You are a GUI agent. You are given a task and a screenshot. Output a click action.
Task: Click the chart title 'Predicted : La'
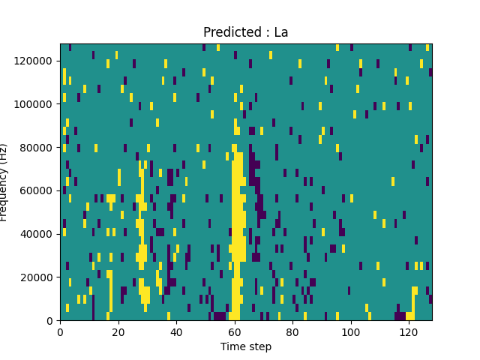(245, 32)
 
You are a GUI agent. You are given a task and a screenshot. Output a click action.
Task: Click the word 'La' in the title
(280, 32)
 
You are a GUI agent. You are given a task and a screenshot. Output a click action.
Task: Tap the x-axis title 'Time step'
(245, 346)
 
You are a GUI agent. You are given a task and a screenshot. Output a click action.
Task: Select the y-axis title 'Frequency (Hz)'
(6, 182)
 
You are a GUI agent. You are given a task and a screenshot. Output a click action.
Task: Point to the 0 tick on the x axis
(60, 331)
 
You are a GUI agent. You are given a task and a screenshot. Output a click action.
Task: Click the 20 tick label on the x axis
(118, 331)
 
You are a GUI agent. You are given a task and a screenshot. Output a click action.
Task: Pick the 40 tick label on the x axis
(176, 331)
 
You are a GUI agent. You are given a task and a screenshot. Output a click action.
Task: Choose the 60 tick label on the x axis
(234, 331)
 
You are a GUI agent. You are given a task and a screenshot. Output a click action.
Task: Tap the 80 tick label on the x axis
(292, 331)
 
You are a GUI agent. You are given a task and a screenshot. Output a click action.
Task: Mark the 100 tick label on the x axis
(350, 331)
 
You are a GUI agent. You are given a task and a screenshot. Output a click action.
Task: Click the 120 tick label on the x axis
(409, 331)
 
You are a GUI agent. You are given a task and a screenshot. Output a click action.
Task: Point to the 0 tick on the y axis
(49, 320)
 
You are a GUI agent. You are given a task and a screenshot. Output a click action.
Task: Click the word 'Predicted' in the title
(229, 32)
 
